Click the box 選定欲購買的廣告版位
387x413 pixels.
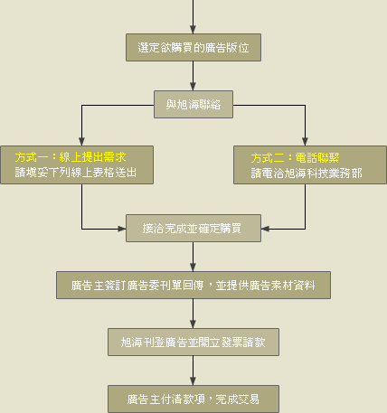[193, 47]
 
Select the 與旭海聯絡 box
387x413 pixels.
[193, 104]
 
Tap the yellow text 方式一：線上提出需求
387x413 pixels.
[71, 157]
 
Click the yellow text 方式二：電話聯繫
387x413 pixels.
[295, 157]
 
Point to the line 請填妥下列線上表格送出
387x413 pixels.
[76, 173]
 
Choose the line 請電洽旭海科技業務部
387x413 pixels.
[307, 173]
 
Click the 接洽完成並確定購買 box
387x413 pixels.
[193, 228]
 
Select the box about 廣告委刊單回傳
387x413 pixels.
[193, 285]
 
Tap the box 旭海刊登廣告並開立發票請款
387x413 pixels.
[193, 342]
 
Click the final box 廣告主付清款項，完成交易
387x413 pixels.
[193, 399]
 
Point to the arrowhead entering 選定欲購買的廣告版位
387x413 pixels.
[193, 30]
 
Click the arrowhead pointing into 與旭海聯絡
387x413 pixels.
[193, 87]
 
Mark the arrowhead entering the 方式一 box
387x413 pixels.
[81, 142]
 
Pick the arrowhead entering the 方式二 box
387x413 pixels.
[305, 142]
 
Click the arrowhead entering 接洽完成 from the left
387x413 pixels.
[122, 229]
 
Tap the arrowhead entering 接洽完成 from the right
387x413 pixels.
[265, 229]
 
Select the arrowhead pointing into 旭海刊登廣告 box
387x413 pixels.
[193, 324]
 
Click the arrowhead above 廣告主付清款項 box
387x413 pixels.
[193, 380]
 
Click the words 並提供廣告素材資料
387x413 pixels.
[265, 286]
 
